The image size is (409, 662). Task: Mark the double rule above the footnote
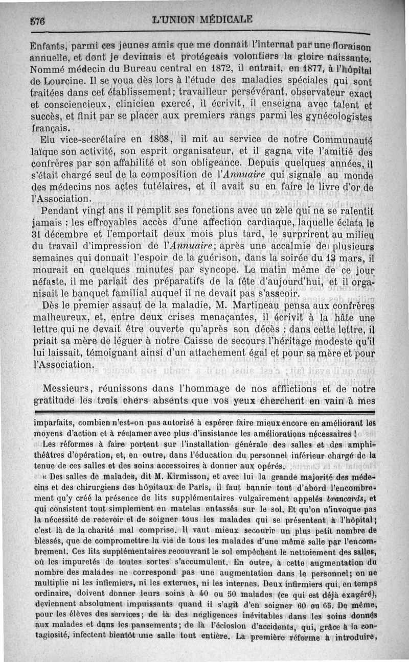point(204,412)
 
